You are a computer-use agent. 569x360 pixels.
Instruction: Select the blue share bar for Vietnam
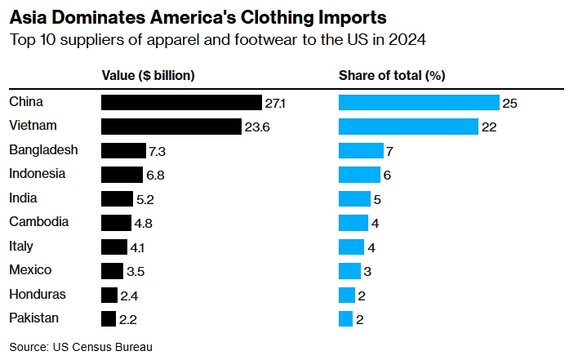point(408,127)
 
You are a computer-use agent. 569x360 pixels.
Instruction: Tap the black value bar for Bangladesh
point(123,151)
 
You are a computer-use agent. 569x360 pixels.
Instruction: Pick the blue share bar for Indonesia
point(359,175)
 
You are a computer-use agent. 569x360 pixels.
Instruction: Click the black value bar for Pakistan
point(109,318)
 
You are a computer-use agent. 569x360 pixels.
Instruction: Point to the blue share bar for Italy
point(351,247)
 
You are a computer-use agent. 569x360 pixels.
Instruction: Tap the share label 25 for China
point(511,104)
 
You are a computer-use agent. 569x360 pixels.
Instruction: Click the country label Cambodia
point(38,222)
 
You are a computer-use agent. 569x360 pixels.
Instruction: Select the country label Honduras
point(38,294)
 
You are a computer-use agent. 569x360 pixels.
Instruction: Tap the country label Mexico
point(30,270)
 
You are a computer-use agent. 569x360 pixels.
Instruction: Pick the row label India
point(23,198)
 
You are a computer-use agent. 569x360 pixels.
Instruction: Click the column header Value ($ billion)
point(148,76)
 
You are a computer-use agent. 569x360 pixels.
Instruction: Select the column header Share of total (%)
point(392,76)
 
